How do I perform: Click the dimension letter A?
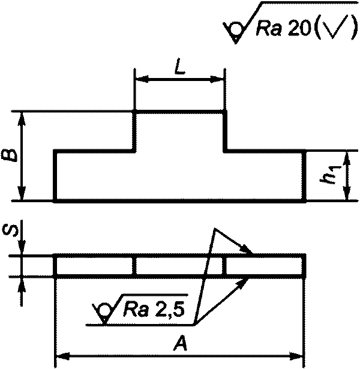[178, 344]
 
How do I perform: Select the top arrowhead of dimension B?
[22, 116]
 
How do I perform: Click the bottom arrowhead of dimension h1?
[346, 196]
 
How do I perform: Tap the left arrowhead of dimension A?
[61, 356]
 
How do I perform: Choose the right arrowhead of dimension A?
[300, 356]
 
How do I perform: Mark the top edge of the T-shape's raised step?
[179, 111]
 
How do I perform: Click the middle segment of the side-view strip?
[179, 266]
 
